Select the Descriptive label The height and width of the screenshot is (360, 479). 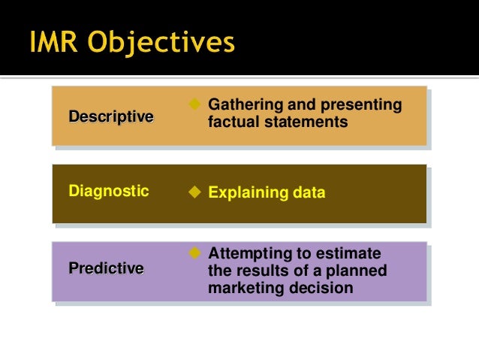tap(111, 116)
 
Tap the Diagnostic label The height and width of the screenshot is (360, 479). tap(109, 191)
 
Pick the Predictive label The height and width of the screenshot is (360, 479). tap(106, 268)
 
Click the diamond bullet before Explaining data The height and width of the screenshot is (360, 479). tap(194, 192)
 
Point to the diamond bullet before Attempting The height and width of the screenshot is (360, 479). tap(194, 251)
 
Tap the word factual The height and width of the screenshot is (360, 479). tap(231, 121)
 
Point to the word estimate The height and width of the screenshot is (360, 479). tap(351, 254)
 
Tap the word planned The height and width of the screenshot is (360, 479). tap(357, 271)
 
